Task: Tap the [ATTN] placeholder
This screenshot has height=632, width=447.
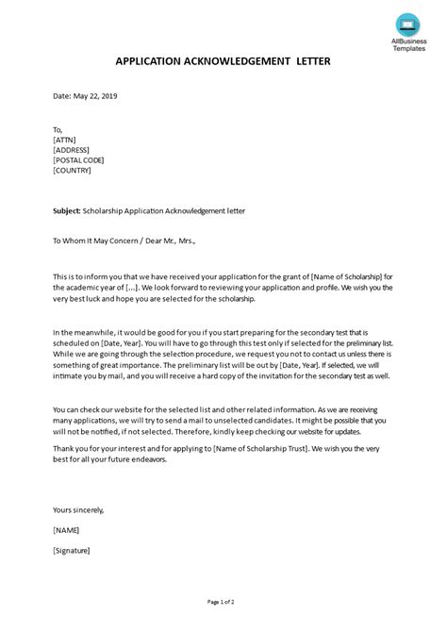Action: coord(64,140)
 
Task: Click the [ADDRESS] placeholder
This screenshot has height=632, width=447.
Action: coord(72,150)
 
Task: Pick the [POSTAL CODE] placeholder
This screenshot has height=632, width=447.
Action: coord(80,160)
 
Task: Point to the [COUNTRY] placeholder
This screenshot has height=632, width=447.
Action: coord(73,171)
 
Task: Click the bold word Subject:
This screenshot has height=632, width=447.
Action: coord(67,211)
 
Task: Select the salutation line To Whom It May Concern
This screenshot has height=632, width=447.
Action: coord(100,241)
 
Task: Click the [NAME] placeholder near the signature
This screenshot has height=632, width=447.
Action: coord(67,530)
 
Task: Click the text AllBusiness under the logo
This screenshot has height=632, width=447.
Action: coord(395,41)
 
